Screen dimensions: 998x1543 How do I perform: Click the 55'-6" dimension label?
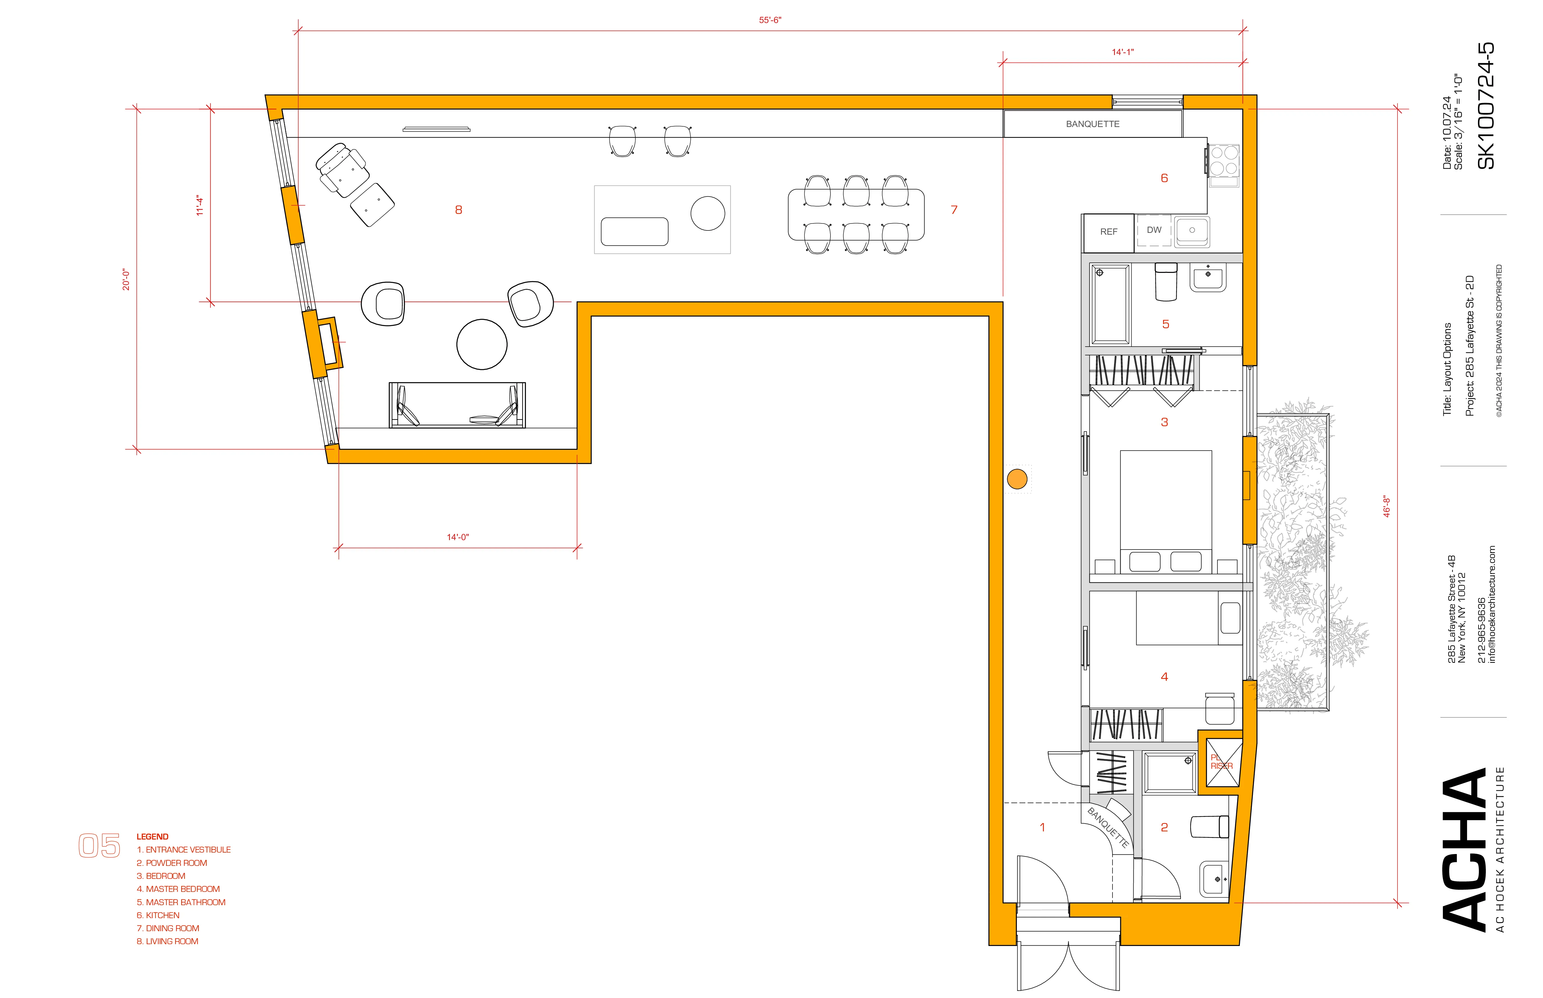coord(770,20)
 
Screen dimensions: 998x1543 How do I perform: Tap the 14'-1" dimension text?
coord(1123,52)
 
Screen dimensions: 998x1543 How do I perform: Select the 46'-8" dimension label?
coord(1387,507)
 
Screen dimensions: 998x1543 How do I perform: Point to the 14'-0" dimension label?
coord(458,537)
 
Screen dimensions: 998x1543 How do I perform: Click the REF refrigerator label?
coord(1109,231)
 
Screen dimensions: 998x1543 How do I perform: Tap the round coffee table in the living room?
coord(482,344)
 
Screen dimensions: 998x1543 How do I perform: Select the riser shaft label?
coord(1221,762)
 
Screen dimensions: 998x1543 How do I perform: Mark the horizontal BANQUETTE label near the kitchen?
coord(1093,124)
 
